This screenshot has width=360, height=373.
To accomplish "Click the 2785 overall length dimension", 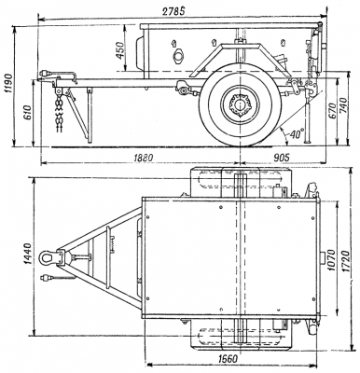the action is [174, 11].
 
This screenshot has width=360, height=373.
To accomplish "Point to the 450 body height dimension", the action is [120, 50].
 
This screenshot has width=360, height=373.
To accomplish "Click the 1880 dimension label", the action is [143, 158].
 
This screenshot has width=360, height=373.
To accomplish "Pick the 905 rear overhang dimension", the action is [281, 158].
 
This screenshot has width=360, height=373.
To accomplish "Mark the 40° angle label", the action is [297, 134].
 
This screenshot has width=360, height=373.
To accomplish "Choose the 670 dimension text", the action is [332, 109].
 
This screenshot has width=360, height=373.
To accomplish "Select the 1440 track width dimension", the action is [27, 254].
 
